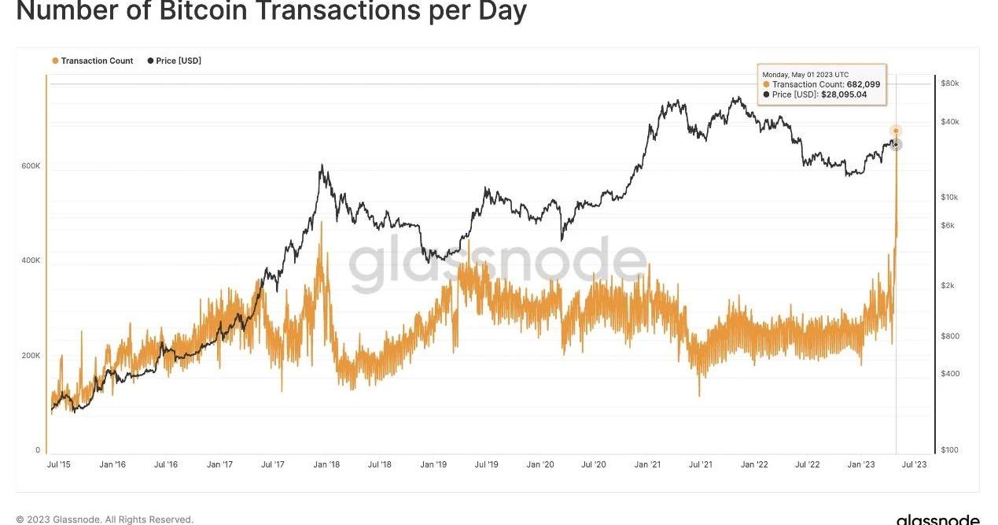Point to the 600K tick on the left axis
31,166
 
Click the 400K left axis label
31,261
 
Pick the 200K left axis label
31,356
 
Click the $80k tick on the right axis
950,83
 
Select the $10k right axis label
949,198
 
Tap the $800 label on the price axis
950,336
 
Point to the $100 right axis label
950,450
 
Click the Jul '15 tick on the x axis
59,464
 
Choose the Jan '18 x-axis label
326,464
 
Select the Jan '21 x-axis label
647,464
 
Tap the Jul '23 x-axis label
915,464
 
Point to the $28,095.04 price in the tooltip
844,94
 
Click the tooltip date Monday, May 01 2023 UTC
805,75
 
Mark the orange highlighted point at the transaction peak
895,131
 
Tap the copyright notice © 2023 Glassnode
105,519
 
